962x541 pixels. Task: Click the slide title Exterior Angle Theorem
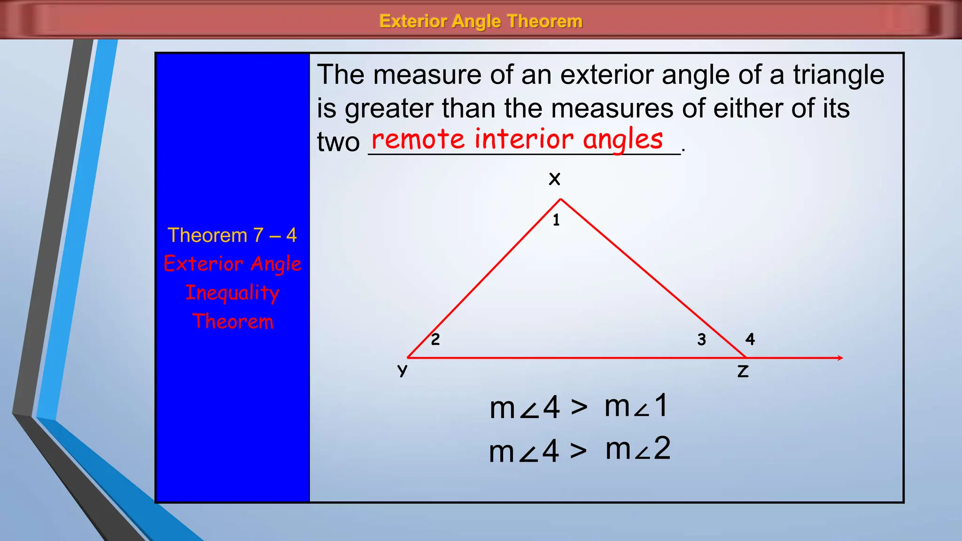(481, 21)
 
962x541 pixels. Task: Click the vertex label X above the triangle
(555, 179)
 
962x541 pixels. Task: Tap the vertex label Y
(402, 371)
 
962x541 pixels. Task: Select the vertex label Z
(743, 371)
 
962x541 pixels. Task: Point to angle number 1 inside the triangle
(556, 220)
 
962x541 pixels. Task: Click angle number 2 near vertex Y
(435, 339)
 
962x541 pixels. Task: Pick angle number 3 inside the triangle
(701, 339)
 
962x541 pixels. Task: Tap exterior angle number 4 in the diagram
(750, 339)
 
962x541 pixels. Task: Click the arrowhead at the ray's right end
(840, 358)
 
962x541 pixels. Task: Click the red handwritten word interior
(523, 139)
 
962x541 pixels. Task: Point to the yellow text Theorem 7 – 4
(232, 235)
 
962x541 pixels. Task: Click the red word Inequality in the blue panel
(232, 293)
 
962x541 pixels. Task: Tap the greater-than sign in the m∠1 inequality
(579, 407)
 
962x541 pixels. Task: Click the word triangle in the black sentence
(838, 75)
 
